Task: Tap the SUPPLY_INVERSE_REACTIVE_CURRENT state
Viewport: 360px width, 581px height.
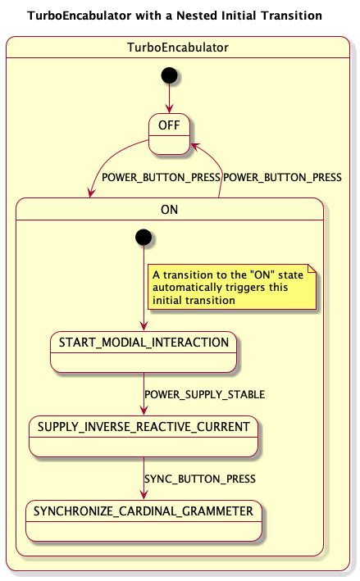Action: (144, 435)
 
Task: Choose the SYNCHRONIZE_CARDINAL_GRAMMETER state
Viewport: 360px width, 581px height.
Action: (144, 520)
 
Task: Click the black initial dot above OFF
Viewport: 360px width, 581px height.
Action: (169, 75)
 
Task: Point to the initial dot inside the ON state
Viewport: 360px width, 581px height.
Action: (144, 237)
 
